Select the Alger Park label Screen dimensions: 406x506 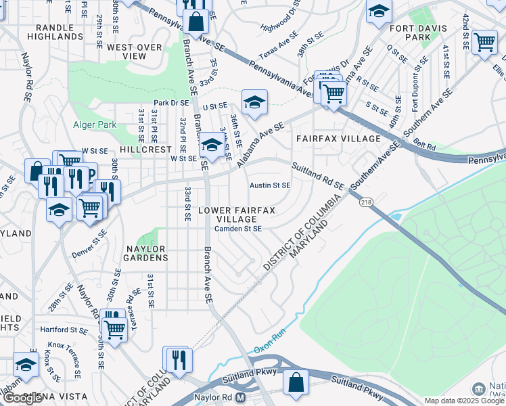[x=95, y=125]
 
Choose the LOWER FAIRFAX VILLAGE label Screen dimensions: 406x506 [x=237, y=215]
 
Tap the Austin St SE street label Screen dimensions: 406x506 [x=270, y=185]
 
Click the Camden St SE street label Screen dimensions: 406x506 [x=238, y=229]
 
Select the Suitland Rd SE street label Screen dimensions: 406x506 [x=318, y=175]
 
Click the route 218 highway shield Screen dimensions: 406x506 [x=367, y=202]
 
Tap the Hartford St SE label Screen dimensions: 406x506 [x=64, y=330]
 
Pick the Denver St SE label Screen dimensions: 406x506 [x=89, y=243]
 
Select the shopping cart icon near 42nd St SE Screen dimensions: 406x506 [x=484, y=41]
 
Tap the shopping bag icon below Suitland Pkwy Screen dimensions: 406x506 [x=296, y=382]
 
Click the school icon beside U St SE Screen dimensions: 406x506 [x=255, y=102]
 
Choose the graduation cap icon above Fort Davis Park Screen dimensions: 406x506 [x=379, y=11]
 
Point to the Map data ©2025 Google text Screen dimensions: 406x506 [x=464, y=401]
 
